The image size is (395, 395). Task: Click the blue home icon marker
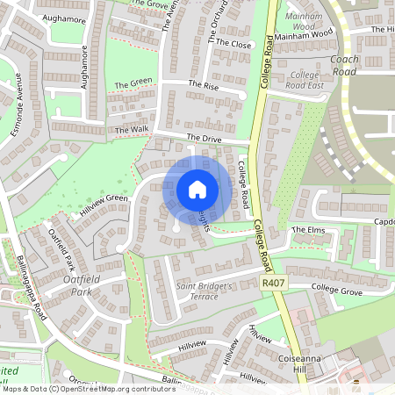[x=197, y=190]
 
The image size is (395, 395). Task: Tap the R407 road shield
[x=273, y=284]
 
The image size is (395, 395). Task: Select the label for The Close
[x=233, y=43]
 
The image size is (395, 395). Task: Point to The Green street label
[x=133, y=83]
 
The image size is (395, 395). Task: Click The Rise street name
[x=204, y=85]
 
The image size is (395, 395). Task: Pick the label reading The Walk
[x=133, y=129]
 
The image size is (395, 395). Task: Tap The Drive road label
[x=205, y=139]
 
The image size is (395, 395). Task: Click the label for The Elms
[x=308, y=230]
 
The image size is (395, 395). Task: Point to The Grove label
[x=150, y=4]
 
